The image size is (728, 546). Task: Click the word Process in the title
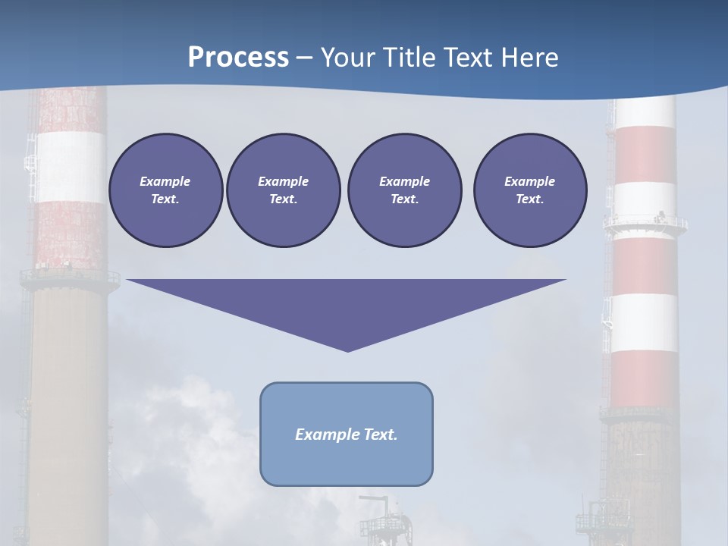238,57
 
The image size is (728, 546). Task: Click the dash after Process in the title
305,58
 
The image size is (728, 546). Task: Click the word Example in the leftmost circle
165,181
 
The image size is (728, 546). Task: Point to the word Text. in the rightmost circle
529,199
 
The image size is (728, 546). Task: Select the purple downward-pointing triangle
347,303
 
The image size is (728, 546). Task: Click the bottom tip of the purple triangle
347,350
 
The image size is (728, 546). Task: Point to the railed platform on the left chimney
70,277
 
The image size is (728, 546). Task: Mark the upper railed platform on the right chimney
645,223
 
